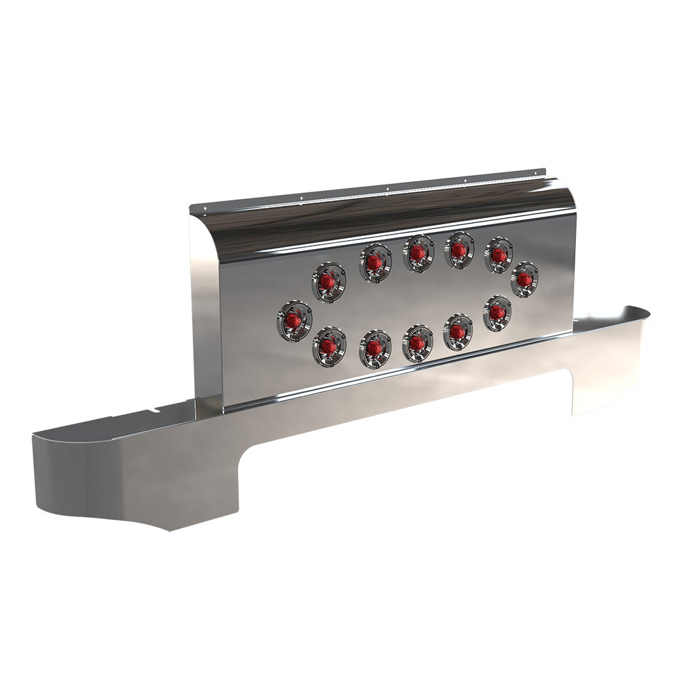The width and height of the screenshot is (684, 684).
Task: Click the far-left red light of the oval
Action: [294, 320]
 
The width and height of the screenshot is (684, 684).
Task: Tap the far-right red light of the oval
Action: [524, 279]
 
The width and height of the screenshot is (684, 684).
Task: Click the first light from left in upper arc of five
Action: [328, 282]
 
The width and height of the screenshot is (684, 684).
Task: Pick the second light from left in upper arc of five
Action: [375, 263]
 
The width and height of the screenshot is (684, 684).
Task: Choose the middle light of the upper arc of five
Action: [418, 253]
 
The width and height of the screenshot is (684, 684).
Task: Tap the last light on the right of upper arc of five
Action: [499, 255]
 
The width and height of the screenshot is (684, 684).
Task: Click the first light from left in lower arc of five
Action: [329, 347]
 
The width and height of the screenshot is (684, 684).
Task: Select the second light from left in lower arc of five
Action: [375, 348]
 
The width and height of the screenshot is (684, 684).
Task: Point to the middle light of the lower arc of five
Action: [417, 343]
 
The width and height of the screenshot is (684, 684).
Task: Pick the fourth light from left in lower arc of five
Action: [458, 332]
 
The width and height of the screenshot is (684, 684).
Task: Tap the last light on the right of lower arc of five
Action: [497, 313]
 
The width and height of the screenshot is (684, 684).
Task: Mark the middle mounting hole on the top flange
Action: [386, 189]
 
